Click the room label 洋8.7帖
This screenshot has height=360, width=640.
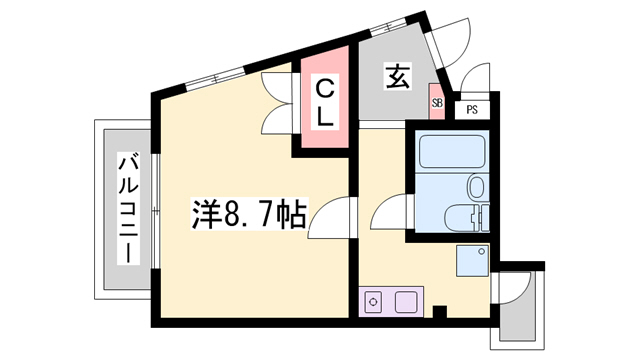pos(249,215)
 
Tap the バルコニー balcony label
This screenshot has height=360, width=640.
pos(128,207)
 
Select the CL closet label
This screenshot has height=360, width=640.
pos(324,104)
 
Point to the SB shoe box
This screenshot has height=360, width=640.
pos(437,101)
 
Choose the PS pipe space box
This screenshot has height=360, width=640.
pos(471,109)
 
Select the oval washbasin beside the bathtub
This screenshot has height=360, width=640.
pos(476,187)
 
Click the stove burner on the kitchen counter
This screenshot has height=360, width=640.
pos(373,301)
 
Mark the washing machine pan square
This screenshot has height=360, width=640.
pos(471,260)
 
